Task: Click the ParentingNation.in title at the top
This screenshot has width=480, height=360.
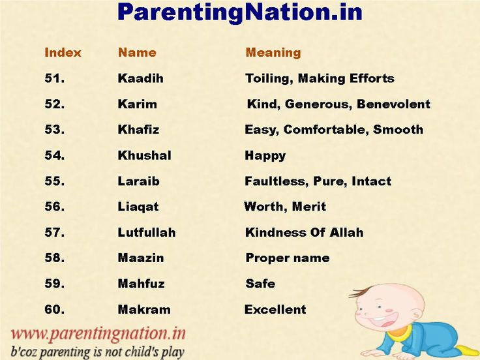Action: tap(240, 12)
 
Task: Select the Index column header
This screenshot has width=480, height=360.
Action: tap(63, 53)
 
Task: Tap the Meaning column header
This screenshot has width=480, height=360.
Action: tap(273, 53)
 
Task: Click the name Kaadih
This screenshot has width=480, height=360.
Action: tap(140, 78)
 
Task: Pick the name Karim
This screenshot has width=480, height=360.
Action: tap(137, 104)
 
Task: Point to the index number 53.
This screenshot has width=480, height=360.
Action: tap(54, 130)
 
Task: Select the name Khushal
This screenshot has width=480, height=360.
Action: tap(144, 155)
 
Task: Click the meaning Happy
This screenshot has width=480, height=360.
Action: tap(265, 155)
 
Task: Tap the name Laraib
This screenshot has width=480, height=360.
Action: tap(138, 181)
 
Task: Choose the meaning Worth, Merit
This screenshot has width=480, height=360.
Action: tap(285, 207)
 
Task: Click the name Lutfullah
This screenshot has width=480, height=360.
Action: tap(147, 232)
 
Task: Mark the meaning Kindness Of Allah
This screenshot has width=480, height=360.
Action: tap(304, 232)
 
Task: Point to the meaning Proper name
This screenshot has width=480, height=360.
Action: tap(287, 258)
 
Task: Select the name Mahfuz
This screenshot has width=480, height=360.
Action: tap(141, 284)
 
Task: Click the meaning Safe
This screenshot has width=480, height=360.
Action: tap(260, 284)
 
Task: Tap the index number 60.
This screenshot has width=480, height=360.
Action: tap(54, 309)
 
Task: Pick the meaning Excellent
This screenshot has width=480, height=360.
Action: tap(275, 309)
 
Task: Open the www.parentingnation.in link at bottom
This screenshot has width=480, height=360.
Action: tap(98, 333)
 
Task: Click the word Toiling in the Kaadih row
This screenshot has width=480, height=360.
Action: tap(268, 78)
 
